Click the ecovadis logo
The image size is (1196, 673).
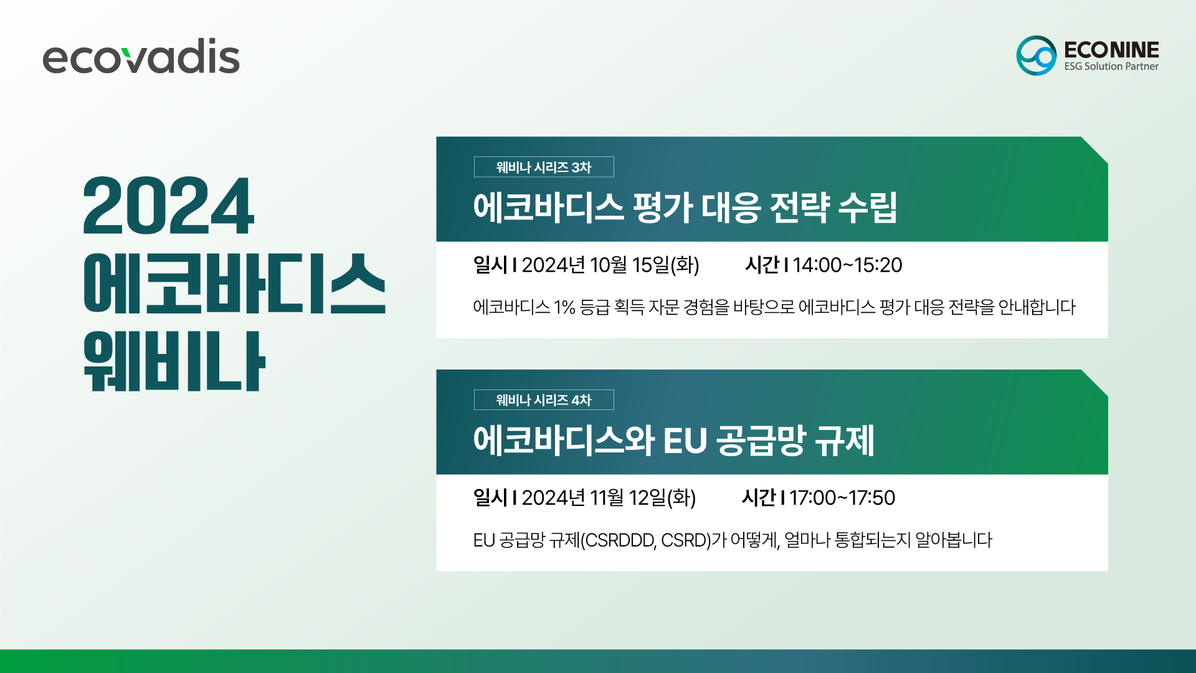coord(141,56)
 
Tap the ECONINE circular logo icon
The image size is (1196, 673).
coord(1036,55)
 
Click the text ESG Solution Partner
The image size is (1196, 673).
coord(1111,66)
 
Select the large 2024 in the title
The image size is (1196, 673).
coord(168,205)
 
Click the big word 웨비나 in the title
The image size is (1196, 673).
coord(174,361)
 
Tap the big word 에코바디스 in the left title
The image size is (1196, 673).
coord(234,284)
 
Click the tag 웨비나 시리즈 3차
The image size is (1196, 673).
coord(544,167)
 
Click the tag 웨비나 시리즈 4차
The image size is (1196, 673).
coord(544,400)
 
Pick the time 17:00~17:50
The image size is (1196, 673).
coord(842,498)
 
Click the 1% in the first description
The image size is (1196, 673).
coord(564,307)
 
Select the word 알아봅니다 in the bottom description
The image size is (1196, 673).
coord(953,540)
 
